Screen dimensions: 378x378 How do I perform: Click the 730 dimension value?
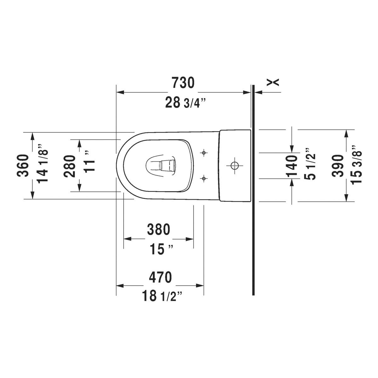pyautogui.click(x=183, y=83)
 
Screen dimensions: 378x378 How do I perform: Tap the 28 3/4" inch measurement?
pyautogui.click(x=185, y=102)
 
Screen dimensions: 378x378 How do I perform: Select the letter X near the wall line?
pyautogui.click(x=273, y=83)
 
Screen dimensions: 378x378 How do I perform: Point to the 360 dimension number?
pyautogui.click(x=23, y=166)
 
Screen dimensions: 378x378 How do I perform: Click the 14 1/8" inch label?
pyautogui.click(x=42, y=164)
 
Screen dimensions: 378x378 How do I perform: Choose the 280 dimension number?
pyautogui.click(x=70, y=166)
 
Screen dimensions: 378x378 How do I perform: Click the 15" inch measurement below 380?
pyautogui.click(x=161, y=249)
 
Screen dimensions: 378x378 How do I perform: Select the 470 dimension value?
pyautogui.click(x=160, y=277)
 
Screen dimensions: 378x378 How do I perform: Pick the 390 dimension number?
pyautogui.click(x=338, y=166)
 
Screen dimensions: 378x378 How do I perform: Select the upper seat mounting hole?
pyautogui.click(x=204, y=152)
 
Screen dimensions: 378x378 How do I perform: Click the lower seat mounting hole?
pyautogui.click(x=204, y=178)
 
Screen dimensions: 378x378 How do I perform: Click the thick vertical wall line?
pyautogui.click(x=253, y=190)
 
